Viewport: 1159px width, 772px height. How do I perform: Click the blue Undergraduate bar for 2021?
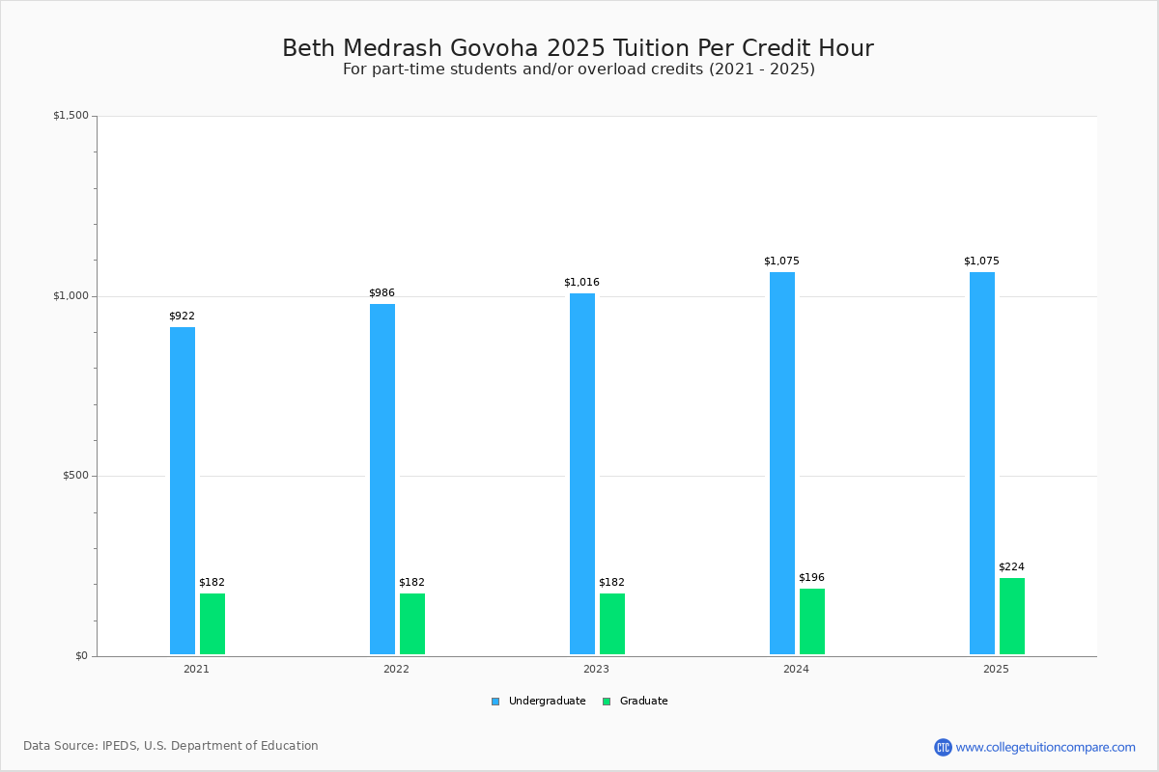[183, 491]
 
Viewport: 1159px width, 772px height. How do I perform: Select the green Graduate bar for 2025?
[1011, 617]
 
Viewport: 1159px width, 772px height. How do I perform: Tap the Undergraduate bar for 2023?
[582, 474]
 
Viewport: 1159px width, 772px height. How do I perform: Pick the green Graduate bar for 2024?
[812, 621]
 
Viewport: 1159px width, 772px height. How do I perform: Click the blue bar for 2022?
[382, 480]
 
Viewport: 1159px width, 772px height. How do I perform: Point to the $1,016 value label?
[581, 283]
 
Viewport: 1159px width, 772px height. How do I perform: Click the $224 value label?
[1011, 566]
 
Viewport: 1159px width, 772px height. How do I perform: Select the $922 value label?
[183, 316]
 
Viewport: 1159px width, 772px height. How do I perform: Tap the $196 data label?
[812, 577]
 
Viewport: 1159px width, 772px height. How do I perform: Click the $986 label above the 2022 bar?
[382, 292]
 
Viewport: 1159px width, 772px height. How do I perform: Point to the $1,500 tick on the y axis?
[71, 115]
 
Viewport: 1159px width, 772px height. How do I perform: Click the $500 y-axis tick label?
[76, 476]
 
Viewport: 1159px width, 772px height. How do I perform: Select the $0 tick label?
[82, 656]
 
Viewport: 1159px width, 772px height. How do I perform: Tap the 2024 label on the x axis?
[796, 669]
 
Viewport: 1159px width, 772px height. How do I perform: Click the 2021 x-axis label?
[196, 669]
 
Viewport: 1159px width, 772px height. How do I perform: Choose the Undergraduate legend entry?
[539, 702]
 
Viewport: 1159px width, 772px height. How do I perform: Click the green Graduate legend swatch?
[607, 702]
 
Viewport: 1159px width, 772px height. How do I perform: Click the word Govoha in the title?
[494, 48]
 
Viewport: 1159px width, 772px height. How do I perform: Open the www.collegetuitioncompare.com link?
[1045, 747]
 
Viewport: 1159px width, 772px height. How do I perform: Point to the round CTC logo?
[943, 747]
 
